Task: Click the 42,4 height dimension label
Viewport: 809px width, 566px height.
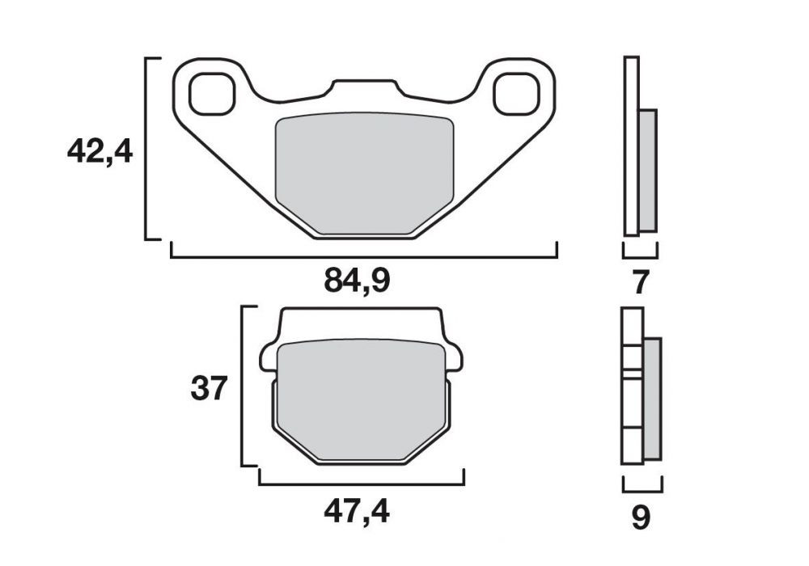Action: [100, 151]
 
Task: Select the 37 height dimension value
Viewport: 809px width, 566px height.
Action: [209, 388]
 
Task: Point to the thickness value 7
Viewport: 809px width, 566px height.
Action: [640, 282]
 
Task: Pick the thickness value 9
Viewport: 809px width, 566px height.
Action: [640, 517]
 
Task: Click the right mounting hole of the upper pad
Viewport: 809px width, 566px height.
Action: [517, 93]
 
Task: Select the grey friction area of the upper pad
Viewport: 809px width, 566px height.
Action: [364, 174]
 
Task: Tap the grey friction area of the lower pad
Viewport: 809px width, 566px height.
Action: [362, 400]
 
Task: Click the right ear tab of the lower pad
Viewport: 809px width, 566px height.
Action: [455, 357]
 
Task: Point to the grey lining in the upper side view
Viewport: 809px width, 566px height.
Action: [648, 170]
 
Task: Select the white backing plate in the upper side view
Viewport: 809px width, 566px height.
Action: [631, 146]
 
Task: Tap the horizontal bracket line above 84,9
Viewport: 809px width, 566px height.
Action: [364, 256]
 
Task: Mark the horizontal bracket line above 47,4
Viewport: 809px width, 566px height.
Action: [361, 484]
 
